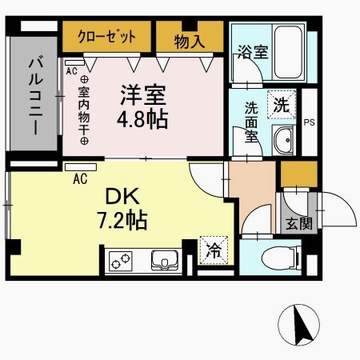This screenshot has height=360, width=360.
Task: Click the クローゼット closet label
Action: coord(107,36)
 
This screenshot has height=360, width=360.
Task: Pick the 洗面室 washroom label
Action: coord(250,121)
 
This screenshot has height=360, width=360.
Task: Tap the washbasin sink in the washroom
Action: coord(283,141)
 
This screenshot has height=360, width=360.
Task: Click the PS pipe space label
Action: coord(310,122)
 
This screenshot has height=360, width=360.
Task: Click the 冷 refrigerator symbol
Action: coord(213,249)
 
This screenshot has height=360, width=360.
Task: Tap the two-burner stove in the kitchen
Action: coord(121,262)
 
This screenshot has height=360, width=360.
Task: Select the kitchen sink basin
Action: coord(166,261)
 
